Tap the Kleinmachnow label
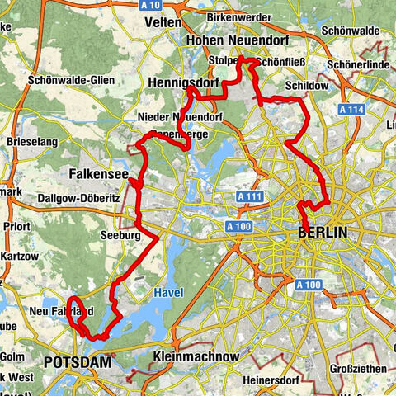196,356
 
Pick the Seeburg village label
139,235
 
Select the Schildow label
307,86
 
